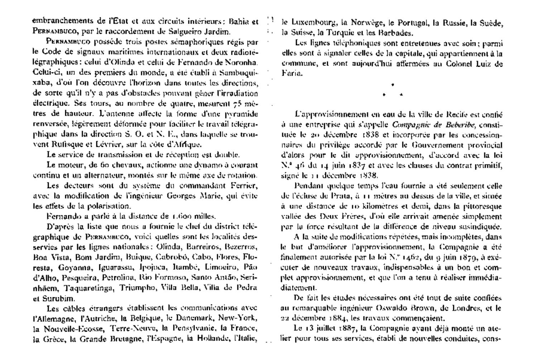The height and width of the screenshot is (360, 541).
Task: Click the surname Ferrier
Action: tap(245, 186)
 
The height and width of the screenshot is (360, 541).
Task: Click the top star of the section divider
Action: tap(393, 85)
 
